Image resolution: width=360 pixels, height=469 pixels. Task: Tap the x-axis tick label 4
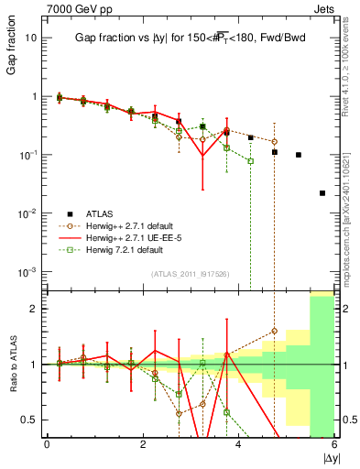click(x=238, y=444)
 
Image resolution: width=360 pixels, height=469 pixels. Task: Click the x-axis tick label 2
click(x=143, y=444)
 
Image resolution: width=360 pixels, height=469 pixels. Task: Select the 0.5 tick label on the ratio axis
click(x=28, y=420)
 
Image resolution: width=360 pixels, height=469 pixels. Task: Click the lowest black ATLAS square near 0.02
click(x=322, y=193)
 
